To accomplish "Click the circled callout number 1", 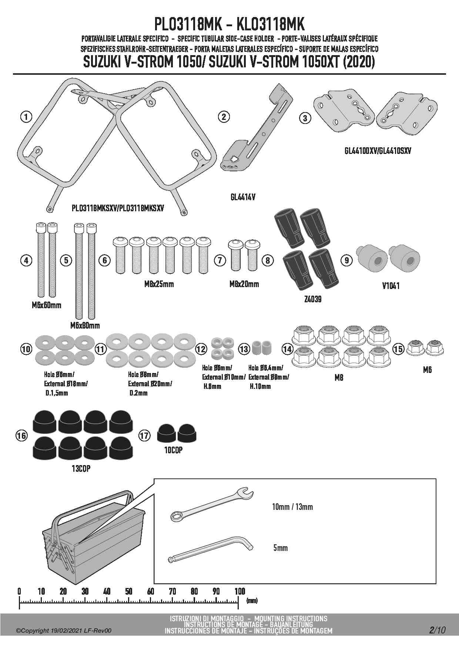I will (x=26, y=117).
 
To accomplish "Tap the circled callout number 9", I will (x=347, y=260).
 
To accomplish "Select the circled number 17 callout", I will (x=144, y=436).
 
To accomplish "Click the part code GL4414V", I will (x=242, y=197).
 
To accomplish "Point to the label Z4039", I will (x=312, y=299).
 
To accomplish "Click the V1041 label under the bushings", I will (x=391, y=286).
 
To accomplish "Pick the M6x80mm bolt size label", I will (x=85, y=326).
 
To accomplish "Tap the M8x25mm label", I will (x=159, y=284).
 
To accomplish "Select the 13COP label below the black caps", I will (x=81, y=468).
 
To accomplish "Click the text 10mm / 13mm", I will (x=292, y=507).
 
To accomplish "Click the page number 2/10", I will (x=437, y=630).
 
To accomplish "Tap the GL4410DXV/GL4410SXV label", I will (x=377, y=151).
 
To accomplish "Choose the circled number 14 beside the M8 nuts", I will (x=287, y=349).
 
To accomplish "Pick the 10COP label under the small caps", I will (x=173, y=450).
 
